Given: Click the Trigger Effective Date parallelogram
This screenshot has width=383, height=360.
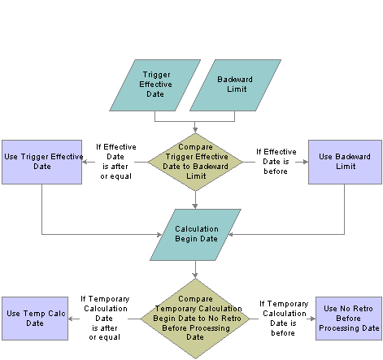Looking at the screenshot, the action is point(155,85).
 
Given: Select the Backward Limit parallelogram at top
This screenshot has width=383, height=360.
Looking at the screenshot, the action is point(235,85).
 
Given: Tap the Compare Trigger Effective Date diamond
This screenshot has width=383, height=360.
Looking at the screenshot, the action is point(195,162).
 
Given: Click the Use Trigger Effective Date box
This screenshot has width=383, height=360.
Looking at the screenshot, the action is point(42,162).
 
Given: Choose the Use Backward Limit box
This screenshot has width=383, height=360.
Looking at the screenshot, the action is point(345,162).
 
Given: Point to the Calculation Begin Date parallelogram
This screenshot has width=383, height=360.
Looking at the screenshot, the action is point(195,235).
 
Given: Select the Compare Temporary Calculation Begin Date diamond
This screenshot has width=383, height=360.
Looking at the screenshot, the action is point(195,319).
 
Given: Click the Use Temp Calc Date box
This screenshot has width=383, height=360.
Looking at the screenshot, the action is point(35,319).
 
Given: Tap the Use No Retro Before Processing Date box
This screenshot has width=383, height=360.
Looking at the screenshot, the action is point(349,319).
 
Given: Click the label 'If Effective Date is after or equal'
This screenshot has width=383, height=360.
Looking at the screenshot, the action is point(116,162).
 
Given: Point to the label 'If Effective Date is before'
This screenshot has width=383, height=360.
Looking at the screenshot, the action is point(276,162).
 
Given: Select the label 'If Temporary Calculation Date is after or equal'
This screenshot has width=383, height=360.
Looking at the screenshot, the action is point(105,318).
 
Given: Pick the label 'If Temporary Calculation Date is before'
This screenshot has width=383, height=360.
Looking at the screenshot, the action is point(284,318).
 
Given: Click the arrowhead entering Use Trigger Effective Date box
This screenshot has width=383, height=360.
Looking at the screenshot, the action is point(85,162).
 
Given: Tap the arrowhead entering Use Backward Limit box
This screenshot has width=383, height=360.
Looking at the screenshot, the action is point(306,162).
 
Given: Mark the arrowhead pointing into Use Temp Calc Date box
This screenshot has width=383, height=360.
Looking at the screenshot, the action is point(71,319).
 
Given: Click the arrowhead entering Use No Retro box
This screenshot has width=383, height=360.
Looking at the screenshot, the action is point(313,319).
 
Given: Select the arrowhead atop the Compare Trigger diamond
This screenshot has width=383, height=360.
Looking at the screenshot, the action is point(195,130).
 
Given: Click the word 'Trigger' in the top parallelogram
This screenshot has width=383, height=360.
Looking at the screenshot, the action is point(157,75).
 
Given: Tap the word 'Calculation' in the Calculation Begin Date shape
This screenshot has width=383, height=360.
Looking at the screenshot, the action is point(197,229).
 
